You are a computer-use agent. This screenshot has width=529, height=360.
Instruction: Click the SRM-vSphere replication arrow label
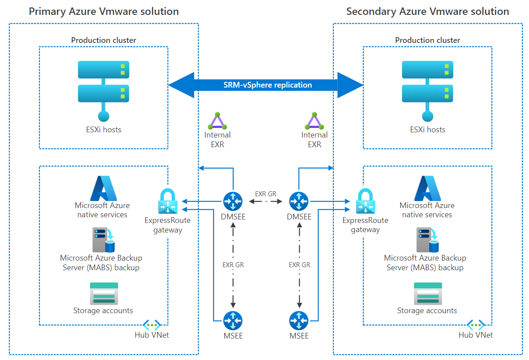tap(268, 85)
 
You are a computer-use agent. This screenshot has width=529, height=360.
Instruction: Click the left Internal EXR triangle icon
tap(217, 121)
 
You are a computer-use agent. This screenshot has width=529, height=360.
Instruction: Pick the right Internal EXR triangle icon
tap(314, 121)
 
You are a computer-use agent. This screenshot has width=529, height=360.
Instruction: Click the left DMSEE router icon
tap(233, 201)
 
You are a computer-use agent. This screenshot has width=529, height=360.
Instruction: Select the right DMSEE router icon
tap(299, 201)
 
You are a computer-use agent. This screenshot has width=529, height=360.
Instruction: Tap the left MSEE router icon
tap(233, 321)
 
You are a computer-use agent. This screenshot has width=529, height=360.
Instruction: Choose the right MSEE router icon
tap(299, 321)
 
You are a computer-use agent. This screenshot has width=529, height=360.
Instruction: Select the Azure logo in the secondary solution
tap(427, 188)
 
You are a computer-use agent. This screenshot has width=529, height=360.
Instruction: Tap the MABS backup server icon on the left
tap(103, 240)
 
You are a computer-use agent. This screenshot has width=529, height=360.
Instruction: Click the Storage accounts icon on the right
tap(427, 293)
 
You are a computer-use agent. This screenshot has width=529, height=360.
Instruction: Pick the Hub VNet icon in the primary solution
tap(152, 325)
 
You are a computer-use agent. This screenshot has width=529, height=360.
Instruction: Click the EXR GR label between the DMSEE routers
tap(266, 193)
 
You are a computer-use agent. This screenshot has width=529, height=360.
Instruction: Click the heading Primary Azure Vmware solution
tap(104, 11)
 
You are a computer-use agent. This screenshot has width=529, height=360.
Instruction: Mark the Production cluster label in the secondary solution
tap(427, 40)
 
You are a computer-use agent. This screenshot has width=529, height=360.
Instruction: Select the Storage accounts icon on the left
tap(103, 293)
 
